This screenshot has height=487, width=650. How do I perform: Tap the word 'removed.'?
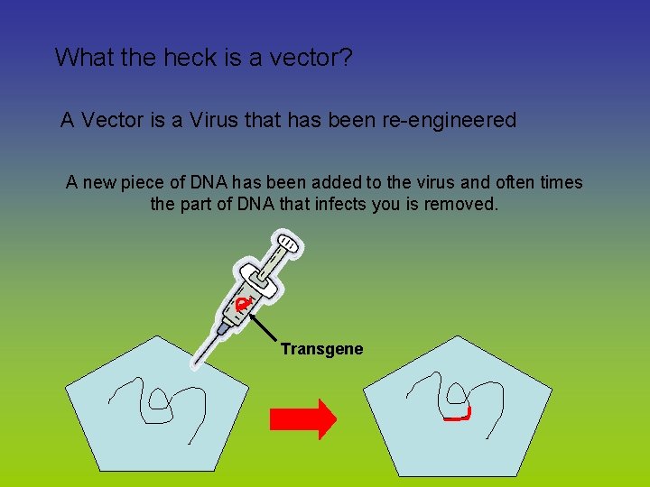tap(459, 204)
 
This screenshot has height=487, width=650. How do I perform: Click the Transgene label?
tap(321, 349)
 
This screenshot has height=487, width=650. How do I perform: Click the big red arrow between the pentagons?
tap(303, 418)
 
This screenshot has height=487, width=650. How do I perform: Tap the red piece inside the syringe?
tap(242, 306)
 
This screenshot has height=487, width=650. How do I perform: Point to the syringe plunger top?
tap(287, 243)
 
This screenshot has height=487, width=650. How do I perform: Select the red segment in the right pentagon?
tap(458, 417)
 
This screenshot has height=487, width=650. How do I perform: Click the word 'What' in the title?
tap(82, 58)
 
